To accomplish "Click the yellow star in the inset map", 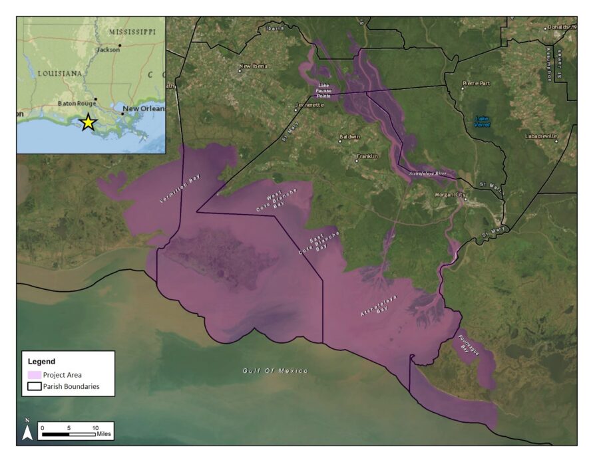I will click(x=87, y=122).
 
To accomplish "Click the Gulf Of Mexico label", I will click(x=275, y=370).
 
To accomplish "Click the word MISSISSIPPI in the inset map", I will click(x=132, y=32).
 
